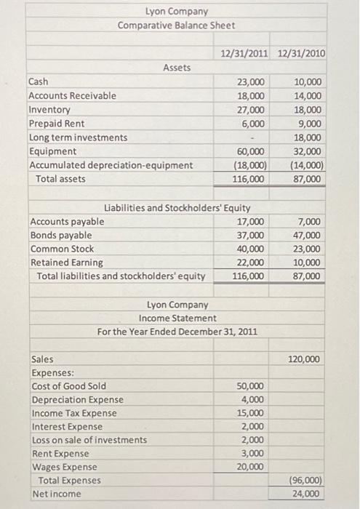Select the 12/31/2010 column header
[x=302, y=53]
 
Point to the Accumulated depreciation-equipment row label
[x=111, y=165]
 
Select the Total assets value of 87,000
[x=306, y=179]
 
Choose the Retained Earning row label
[x=66, y=262]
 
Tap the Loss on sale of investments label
[x=89, y=440]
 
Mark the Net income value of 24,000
[x=305, y=494]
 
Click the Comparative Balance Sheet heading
[x=177, y=25]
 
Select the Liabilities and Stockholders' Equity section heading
[x=178, y=207]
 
